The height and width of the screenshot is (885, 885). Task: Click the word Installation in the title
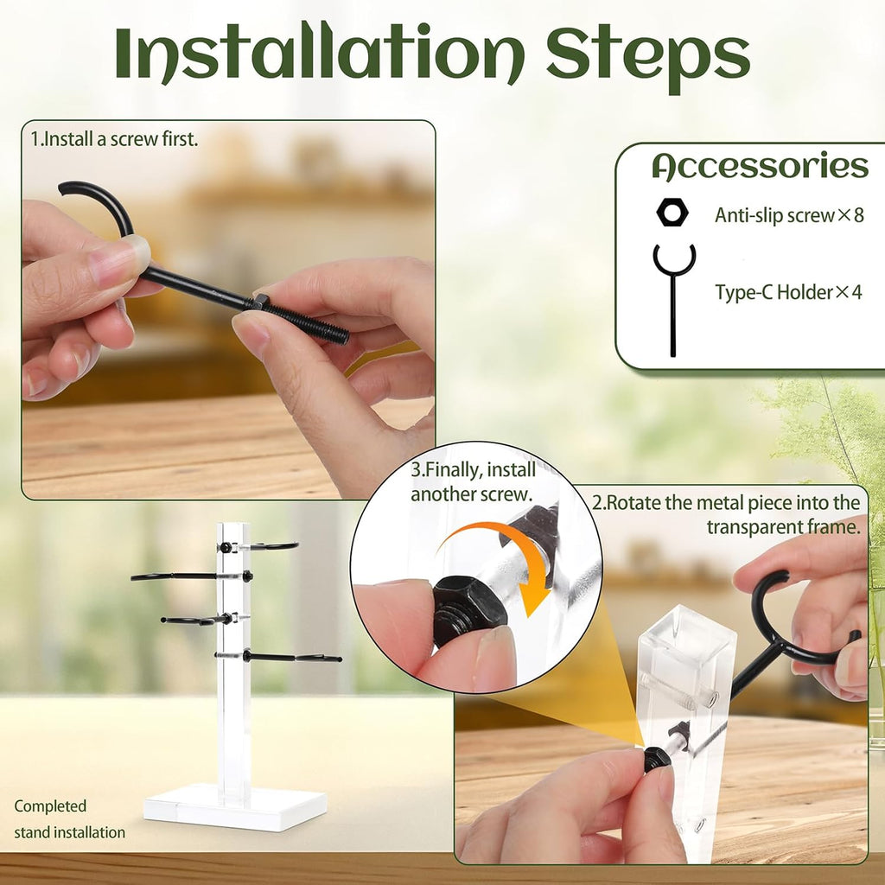[320, 53]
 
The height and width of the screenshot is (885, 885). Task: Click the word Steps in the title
[648, 56]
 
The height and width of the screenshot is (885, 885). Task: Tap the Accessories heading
[760, 166]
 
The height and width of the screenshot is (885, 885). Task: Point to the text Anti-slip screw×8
[789, 215]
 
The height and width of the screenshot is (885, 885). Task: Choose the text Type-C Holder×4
[788, 292]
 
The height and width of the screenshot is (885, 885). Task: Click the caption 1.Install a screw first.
[115, 139]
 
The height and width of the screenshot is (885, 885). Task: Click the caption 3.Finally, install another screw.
[473, 482]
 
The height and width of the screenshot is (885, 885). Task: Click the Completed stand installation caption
[69, 819]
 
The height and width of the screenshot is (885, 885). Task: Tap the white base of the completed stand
[235, 806]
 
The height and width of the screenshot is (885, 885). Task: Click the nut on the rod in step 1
[256, 302]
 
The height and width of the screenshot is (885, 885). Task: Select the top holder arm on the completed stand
[258, 546]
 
